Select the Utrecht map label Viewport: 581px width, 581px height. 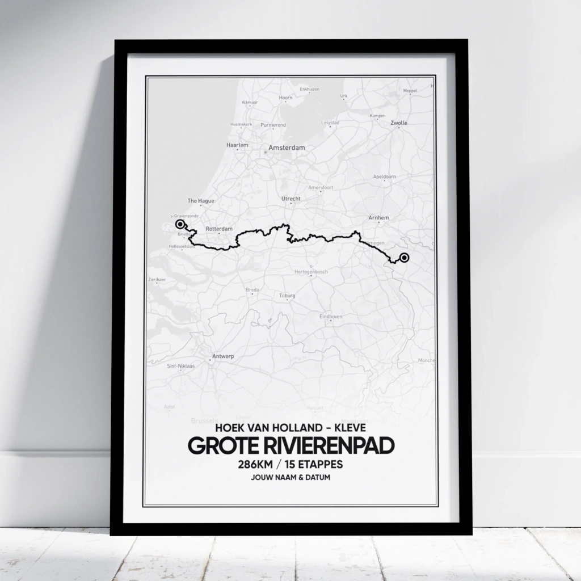pyautogui.click(x=291, y=199)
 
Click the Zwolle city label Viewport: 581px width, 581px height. pyautogui.click(x=399, y=123)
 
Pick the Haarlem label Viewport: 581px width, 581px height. pyautogui.click(x=237, y=145)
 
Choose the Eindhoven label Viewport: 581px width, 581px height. pyautogui.click(x=331, y=316)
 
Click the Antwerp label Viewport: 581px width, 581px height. pyautogui.click(x=223, y=356)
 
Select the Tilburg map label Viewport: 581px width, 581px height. pyautogui.click(x=288, y=296)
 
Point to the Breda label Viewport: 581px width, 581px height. pyautogui.click(x=252, y=290)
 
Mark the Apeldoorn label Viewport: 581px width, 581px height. pyautogui.click(x=384, y=176)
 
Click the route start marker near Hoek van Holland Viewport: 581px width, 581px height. pyautogui.click(x=180, y=224)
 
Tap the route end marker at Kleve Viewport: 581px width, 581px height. pyautogui.click(x=404, y=258)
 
